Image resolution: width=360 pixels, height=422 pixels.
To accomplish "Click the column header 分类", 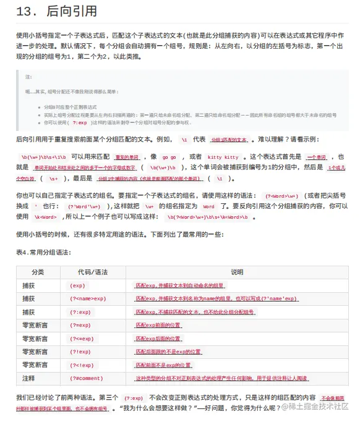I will pyautogui.click(x=38, y=272).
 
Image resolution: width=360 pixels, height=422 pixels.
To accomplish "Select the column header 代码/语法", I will pyautogui.click(x=92, y=272).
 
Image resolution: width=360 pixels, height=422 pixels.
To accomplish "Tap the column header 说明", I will pyautogui.click(x=237, y=272).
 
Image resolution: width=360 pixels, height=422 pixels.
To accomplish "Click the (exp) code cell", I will pyautogui.click(x=77, y=285).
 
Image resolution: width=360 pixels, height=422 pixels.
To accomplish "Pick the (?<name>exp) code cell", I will pyautogui.click(x=87, y=298).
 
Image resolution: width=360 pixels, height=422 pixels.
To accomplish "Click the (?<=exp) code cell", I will pyautogui.click(x=82, y=339).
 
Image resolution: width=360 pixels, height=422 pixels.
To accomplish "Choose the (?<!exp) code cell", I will pyautogui.click(x=82, y=365).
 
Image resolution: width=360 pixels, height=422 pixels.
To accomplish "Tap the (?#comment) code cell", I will pyautogui.click(x=86, y=378).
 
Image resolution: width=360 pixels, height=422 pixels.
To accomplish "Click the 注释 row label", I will pyautogui.click(x=28, y=378).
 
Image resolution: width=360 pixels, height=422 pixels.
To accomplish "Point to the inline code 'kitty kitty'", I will pyautogui.click(x=223, y=157).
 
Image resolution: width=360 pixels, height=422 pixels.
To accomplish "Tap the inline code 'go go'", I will pyautogui.click(x=169, y=157).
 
